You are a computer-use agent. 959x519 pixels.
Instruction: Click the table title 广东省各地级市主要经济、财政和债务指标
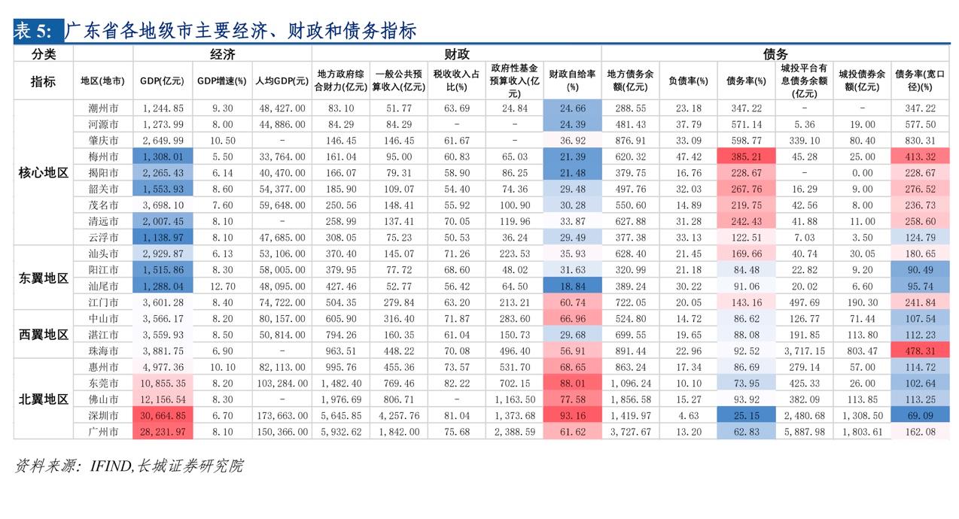240,31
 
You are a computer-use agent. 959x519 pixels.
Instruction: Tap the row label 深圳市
103,415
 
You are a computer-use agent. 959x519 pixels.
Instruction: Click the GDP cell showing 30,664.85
163,415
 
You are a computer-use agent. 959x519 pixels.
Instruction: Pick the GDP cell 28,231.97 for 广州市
163,432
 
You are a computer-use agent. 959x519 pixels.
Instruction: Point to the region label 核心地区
44,173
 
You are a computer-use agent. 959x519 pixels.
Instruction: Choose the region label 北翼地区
44,399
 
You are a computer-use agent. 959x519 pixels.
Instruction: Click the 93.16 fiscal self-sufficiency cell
572,415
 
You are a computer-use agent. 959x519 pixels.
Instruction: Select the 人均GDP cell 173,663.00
282,415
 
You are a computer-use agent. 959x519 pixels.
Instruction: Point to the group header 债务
775,54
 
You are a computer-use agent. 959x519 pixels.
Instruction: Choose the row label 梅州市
103,156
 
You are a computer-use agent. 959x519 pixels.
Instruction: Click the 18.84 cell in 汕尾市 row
572,287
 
